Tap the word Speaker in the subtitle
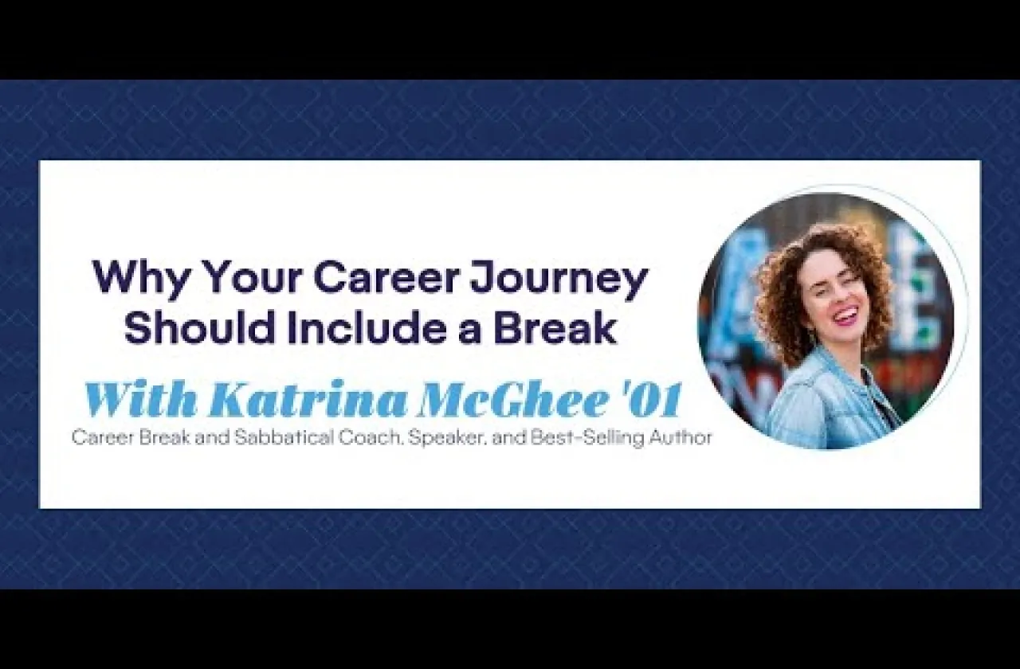coord(449,439)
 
